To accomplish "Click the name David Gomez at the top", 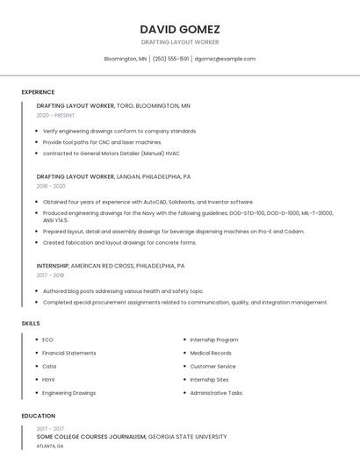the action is coord(179,29).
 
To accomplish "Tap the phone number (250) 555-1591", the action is coord(170,59).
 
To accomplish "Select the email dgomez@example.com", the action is coord(225,59).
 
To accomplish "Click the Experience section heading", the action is coord(38,92).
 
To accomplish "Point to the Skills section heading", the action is coord(31,324).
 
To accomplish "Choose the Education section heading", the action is coord(38,416).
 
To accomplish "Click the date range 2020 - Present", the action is coord(55,115).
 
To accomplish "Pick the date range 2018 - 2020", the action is coord(51,186).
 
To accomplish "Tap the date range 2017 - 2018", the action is coord(50,275).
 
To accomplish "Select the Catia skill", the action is coord(49,366).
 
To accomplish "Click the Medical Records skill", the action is coord(212,353).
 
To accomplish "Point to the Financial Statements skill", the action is coord(69,353).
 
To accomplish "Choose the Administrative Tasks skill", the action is coord(216,393).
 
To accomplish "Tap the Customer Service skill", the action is coord(212,366).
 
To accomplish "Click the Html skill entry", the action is coord(48,379).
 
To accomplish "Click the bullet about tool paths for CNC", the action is coord(102,141).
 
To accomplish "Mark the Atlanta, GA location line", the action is coord(50,446).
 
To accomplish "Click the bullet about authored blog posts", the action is coord(123,291).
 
